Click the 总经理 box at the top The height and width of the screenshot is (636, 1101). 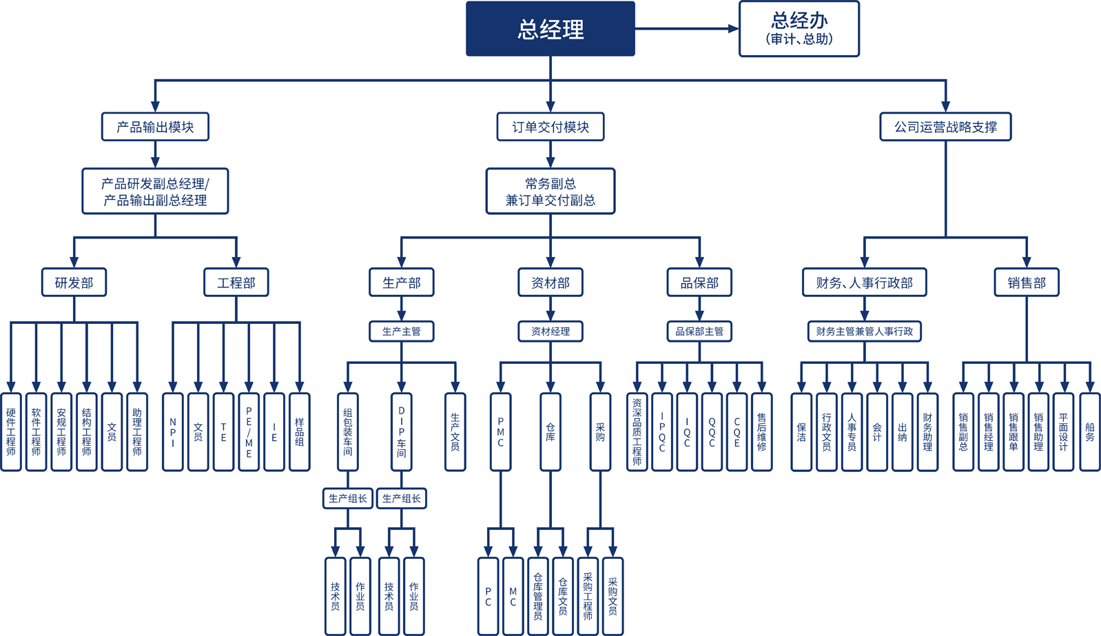(550, 29)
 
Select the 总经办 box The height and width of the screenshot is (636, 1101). (799, 29)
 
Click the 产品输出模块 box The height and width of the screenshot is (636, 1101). (155, 127)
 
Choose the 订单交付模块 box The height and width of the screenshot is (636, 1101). (550, 127)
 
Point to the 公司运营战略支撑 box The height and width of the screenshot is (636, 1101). (945, 127)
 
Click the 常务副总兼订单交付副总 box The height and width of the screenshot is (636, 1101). (550, 192)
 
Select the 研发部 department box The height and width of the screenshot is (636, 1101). (74, 283)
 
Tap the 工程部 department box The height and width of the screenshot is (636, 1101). (236, 283)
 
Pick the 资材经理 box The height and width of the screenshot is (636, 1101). (550, 331)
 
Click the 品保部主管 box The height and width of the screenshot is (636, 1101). (699, 331)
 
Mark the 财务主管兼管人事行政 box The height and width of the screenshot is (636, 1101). (864, 331)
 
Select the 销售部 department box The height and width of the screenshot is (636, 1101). (1027, 283)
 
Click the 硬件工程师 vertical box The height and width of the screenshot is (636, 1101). (11, 432)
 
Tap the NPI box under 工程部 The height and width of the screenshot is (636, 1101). (173, 432)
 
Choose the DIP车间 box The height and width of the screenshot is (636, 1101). (402, 432)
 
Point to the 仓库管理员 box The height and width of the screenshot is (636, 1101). (538, 596)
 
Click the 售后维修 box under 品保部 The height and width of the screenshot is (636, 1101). (761, 432)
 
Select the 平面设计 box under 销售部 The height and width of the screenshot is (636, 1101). (1063, 432)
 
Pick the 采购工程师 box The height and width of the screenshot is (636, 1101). (588, 596)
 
